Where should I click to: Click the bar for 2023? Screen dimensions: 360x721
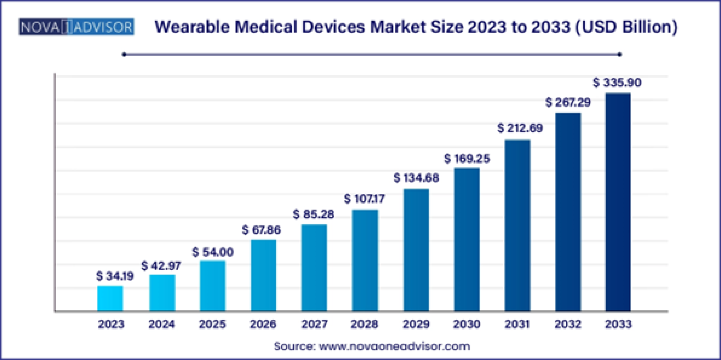(x=110, y=299)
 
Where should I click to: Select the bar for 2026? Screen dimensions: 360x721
(x=264, y=275)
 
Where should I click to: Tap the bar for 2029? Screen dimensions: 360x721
(x=416, y=250)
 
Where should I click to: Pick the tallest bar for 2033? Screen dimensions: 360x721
(x=618, y=202)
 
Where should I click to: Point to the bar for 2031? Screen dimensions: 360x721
(x=517, y=225)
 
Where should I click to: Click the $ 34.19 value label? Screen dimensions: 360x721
(x=115, y=276)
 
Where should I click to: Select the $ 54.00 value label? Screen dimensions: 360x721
(x=212, y=252)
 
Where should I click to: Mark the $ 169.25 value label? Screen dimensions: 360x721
(x=467, y=159)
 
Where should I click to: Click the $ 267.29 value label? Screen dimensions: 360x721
(x=567, y=103)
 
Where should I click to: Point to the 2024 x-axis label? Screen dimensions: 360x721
(x=161, y=324)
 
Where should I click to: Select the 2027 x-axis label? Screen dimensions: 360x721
(x=314, y=324)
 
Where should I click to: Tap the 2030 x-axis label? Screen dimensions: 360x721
(x=466, y=324)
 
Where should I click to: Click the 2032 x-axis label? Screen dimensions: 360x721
(x=567, y=324)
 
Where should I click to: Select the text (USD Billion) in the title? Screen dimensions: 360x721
(x=627, y=27)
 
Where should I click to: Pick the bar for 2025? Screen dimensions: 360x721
(x=212, y=286)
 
